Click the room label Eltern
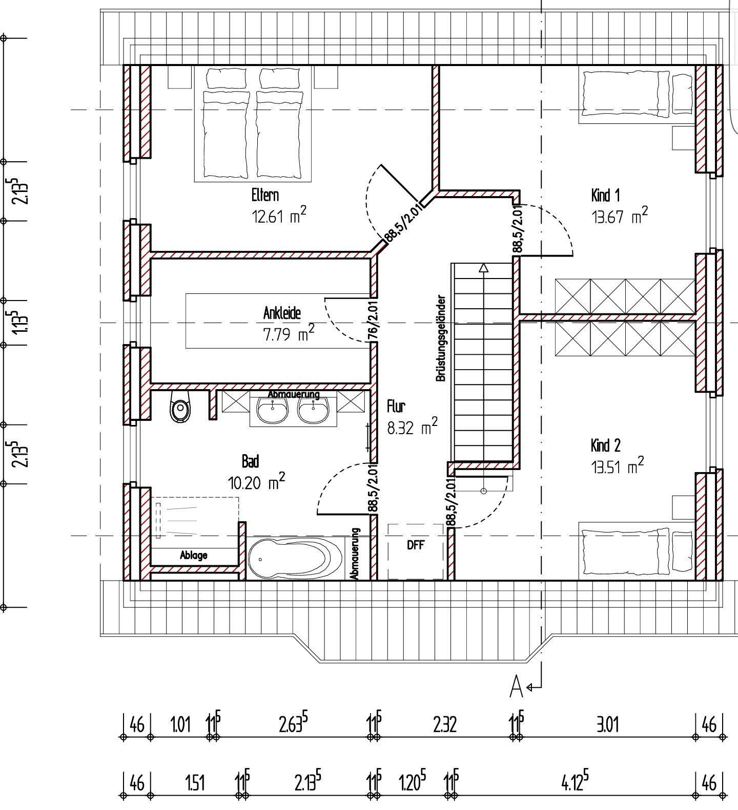click(x=265, y=195)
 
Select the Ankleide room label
click(x=282, y=312)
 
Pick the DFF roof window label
click(x=416, y=545)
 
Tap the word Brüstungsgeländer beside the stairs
click(x=441, y=338)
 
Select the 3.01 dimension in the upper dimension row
click(x=607, y=724)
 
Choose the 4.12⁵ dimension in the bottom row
click(x=575, y=782)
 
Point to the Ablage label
click(x=194, y=555)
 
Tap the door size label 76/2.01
click(x=374, y=317)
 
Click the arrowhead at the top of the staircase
click(x=484, y=267)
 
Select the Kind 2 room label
click(x=605, y=445)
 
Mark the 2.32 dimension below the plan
click(x=444, y=724)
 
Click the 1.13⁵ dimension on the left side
click(x=20, y=322)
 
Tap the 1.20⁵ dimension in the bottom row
click(x=413, y=782)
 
